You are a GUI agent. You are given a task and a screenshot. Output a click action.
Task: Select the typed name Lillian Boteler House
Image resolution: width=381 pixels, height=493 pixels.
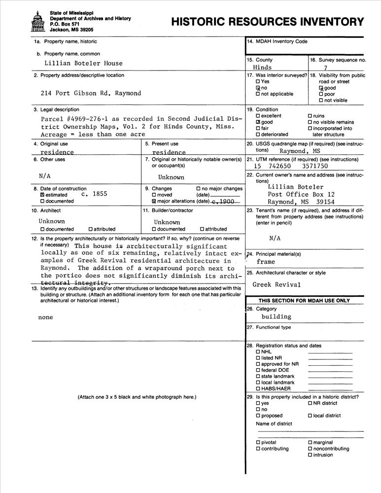pyautogui.click(x=83, y=63)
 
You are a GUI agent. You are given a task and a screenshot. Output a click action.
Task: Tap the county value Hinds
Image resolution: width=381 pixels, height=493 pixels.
pyautogui.click(x=262, y=68)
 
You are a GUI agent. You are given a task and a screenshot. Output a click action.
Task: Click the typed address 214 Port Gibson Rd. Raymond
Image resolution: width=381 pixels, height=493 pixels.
pyautogui.click(x=91, y=93)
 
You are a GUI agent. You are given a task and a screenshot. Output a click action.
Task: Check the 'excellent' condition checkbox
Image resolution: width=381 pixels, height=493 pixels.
pyautogui.click(x=258, y=116)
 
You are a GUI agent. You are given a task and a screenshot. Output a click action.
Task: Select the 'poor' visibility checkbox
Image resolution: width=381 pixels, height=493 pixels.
pyautogui.click(x=321, y=94)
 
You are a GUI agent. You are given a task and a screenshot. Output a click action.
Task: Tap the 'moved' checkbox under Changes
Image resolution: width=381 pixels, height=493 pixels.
pyautogui.click(x=154, y=195)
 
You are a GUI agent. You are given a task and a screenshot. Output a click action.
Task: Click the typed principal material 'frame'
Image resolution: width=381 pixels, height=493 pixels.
pyautogui.click(x=266, y=262)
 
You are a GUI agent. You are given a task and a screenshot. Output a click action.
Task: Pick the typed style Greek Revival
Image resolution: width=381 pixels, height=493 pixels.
pyautogui.click(x=277, y=284)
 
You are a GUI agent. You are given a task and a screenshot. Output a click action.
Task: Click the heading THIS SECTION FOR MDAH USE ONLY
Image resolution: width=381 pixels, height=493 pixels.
pyautogui.click(x=304, y=300)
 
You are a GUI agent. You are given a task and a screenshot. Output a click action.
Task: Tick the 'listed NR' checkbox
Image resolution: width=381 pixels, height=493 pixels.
pyautogui.click(x=258, y=358)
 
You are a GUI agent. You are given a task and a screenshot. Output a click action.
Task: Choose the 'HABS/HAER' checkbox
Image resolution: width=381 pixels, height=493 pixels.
pyautogui.click(x=258, y=388)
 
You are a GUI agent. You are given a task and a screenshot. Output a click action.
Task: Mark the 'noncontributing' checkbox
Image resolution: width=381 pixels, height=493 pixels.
pyautogui.click(x=310, y=449)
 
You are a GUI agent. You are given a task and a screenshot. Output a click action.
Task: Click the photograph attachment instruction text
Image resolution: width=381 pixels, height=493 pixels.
pyautogui.click(x=137, y=397)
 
